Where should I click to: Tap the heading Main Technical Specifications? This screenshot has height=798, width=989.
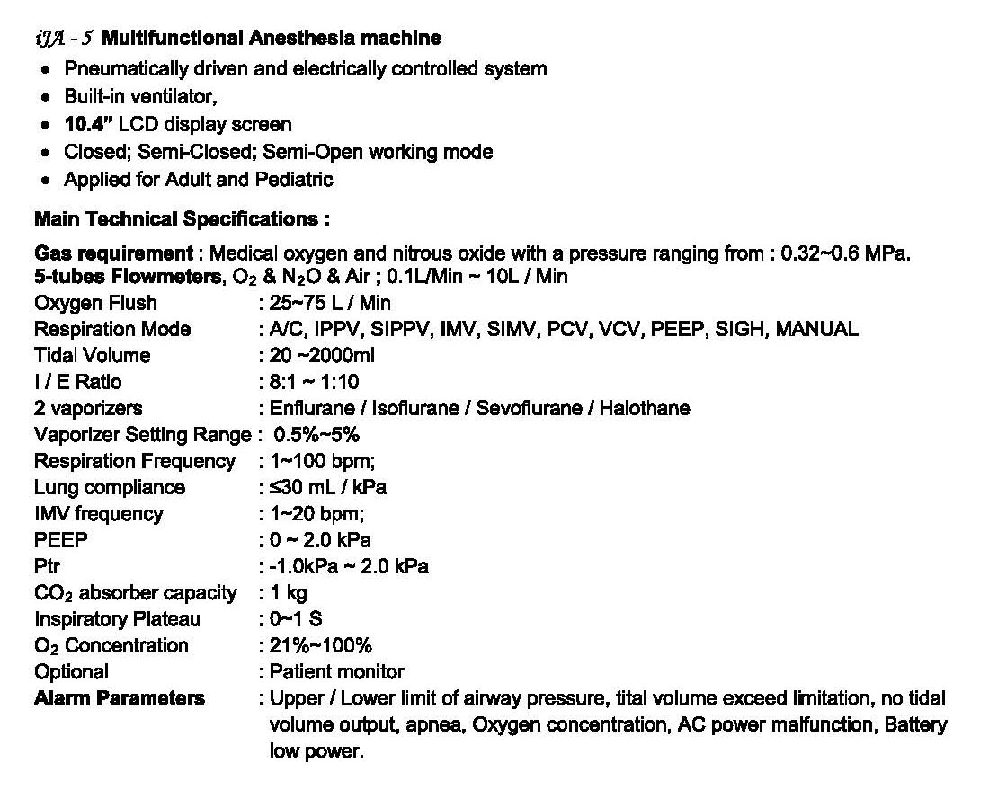click(182, 219)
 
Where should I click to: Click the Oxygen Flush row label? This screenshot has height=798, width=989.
click(95, 303)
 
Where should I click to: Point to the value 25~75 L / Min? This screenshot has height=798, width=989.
click(330, 303)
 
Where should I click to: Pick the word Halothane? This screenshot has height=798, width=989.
click(645, 408)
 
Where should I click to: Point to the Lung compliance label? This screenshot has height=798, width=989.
click(110, 487)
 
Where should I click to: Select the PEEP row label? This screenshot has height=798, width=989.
click(61, 540)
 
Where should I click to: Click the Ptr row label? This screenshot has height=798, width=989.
click(47, 566)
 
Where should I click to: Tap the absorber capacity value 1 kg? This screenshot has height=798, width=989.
click(289, 593)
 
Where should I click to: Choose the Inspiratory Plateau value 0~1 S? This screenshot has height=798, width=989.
click(297, 619)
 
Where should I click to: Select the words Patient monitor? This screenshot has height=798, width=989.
click(337, 671)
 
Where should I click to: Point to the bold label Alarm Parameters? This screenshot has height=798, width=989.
click(120, 698)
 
